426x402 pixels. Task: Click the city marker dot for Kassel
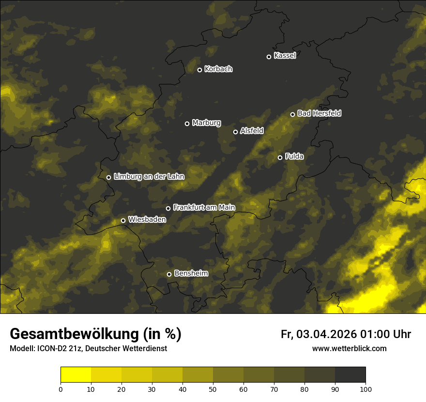(269, 57)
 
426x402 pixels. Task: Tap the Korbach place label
(218, 69)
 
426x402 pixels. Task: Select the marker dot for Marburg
(187, 124)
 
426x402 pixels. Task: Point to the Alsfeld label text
(252, 131)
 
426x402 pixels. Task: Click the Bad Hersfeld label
(319, 113)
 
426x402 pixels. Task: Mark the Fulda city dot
(280, 157)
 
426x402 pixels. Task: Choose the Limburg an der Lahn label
(149, 177)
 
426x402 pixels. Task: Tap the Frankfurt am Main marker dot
(168, 208)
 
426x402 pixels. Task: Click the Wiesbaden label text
(147, 219)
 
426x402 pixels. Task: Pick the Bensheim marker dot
(169, 274)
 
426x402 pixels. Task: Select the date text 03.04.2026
(327, 334)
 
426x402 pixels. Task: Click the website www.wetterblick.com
(350, 348)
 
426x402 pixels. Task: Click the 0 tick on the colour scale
(61, 389)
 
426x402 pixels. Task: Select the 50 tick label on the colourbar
(213, 389)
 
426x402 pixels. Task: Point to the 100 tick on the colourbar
(365, 389)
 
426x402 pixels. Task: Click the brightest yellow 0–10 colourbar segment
(76, 375)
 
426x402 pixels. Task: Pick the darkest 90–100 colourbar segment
(350, 375)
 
